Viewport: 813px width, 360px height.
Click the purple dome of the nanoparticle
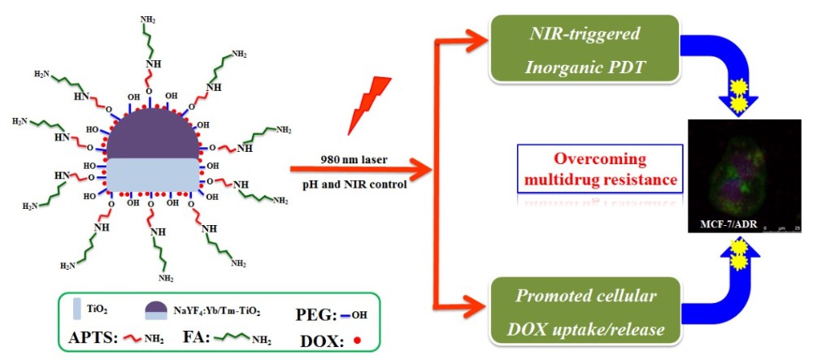151,135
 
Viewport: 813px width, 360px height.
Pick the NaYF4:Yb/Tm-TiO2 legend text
229,310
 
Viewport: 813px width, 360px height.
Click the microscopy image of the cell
728,175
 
